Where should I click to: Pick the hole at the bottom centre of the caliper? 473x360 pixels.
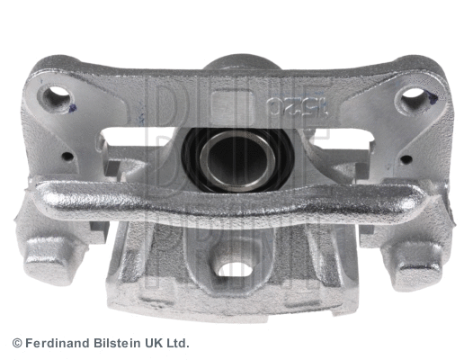(236, 267)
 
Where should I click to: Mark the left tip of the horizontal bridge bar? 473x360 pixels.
(38, 193)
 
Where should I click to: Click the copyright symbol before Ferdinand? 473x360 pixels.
(17, 344)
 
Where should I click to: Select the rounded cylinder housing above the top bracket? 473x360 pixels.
(237, 67)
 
